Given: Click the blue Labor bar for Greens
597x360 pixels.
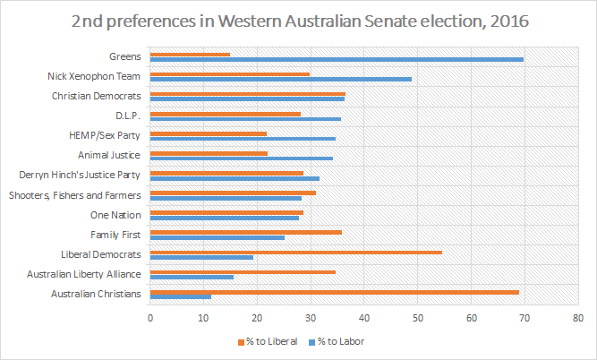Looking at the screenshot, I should tap(337, 59).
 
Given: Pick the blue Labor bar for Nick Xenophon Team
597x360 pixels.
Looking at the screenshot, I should tap(281, 79).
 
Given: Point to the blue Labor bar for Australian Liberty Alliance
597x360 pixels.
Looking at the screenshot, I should tap(192, 277).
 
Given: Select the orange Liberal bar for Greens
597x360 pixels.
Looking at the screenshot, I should tap(191, 55).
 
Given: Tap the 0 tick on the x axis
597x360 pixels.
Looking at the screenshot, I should tap(150, 317).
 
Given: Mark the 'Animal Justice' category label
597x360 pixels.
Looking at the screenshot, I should tap(113, 154).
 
